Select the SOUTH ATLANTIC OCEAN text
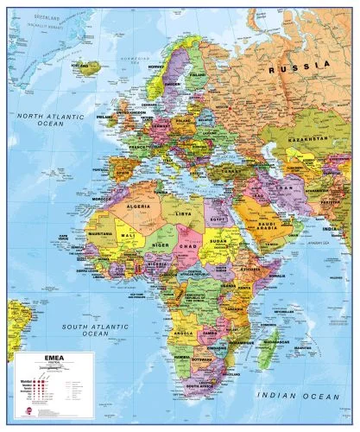coord(86,328)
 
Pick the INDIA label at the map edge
coord(350,231)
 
